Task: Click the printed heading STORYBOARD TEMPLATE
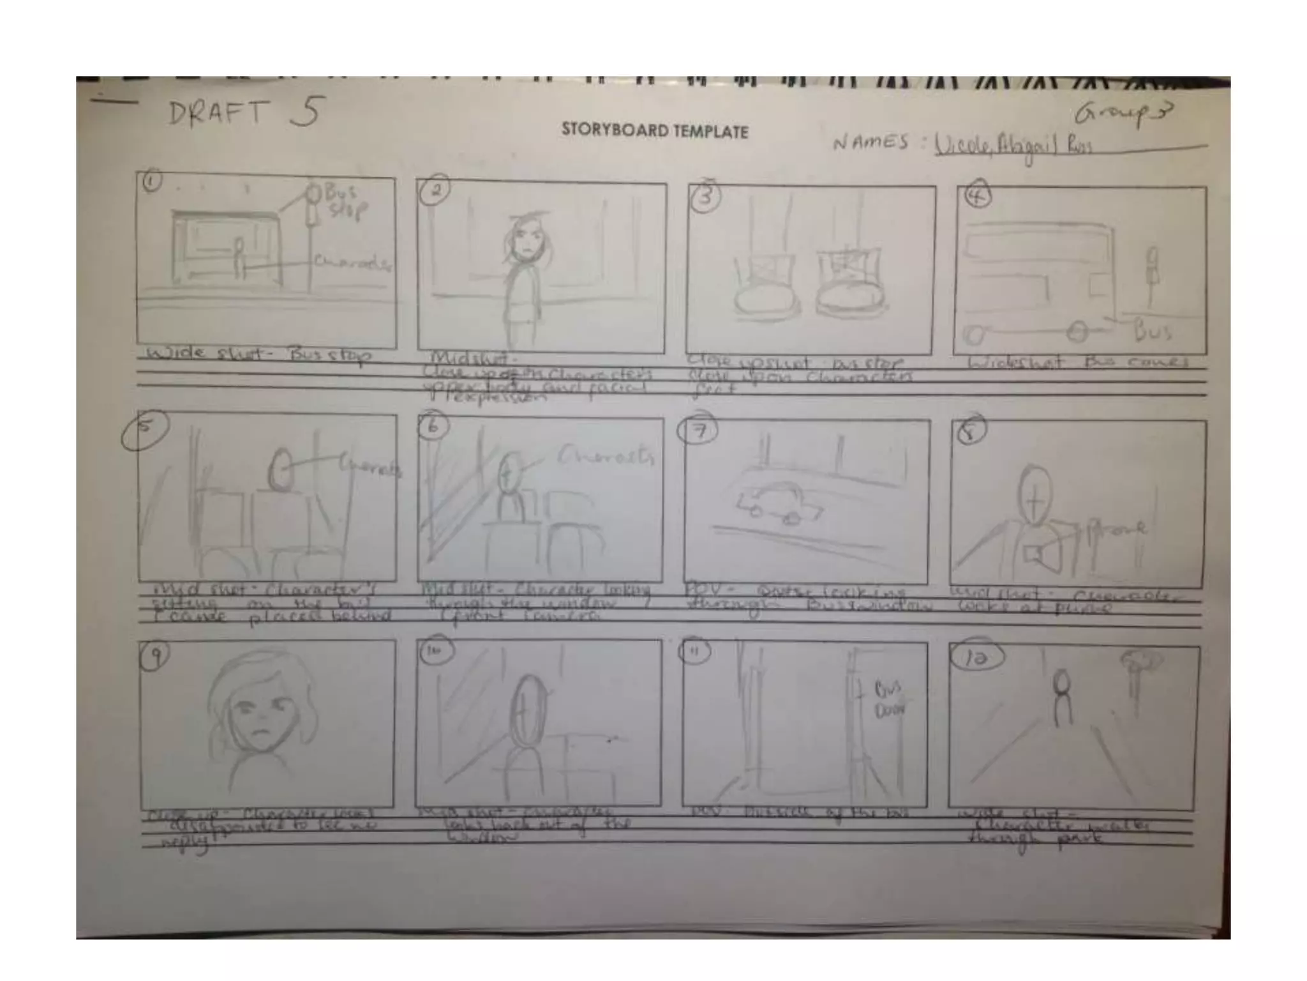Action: click(654, 131)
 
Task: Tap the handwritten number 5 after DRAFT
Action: click(306, 112)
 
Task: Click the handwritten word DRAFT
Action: click(217, 114)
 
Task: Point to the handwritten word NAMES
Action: click(870, 142)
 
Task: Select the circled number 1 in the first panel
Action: click(151, 182)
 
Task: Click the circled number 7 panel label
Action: click(699, 431)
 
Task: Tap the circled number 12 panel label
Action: click(976, 658)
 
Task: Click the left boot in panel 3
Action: click(765, 286)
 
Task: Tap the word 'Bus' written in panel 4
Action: click(1153, 331)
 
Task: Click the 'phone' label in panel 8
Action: click(1118, 528)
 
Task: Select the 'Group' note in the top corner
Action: click(1123, 114)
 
